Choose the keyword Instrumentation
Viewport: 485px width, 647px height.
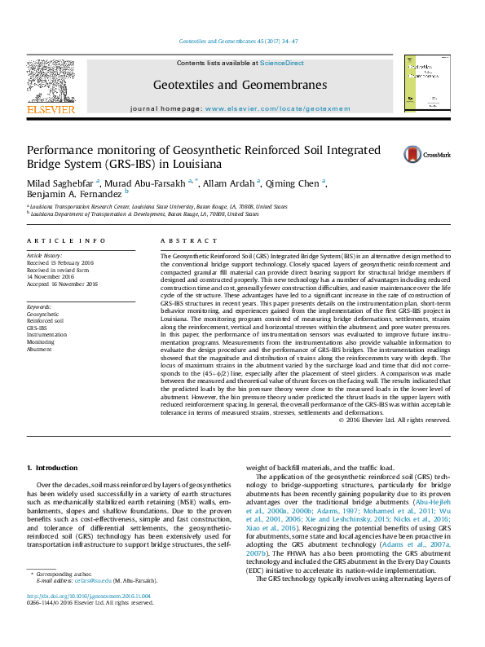46,335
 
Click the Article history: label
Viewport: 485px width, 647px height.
46,256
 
